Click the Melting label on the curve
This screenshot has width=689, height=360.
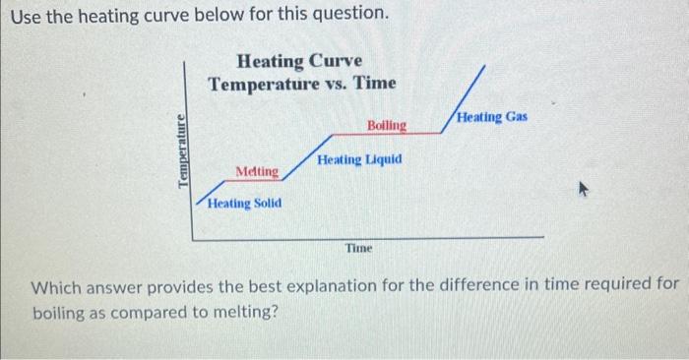pyautogui.click(x=257, y=172)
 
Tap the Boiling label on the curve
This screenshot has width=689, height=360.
pyautogui.click(x=386, y=125)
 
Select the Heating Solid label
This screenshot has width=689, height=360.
pyautogui.click(x=246, y=203)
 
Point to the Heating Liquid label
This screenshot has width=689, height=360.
pyautogui.click(x=359, y=158)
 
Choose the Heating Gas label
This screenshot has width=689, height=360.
pyautogui.click(x=493, y=117)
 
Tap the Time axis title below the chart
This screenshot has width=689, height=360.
pyautogui.click(x=359, y=249)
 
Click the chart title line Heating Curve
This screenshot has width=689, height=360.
pyautogui.click(x=300, y=62)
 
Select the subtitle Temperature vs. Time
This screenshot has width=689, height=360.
pyautogui.click(x=301, y=84)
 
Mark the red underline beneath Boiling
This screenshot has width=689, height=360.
pyautogui.click(x=384, y=133)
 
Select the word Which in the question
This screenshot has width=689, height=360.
pyautogui.click(x=59, y=288)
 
